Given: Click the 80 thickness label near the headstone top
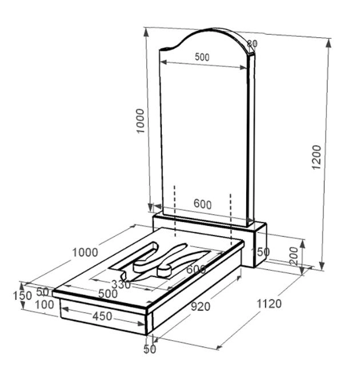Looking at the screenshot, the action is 252,43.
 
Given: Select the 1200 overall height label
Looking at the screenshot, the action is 317,157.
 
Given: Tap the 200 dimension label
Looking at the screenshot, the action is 294,256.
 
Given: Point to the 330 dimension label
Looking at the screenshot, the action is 121,285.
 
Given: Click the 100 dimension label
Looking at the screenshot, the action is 45,305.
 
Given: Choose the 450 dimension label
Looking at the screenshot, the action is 102,316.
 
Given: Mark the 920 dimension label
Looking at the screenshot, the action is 201,307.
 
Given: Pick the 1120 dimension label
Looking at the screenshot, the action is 269,304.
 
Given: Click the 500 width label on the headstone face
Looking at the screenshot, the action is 202,57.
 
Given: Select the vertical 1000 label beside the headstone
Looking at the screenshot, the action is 141,121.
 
